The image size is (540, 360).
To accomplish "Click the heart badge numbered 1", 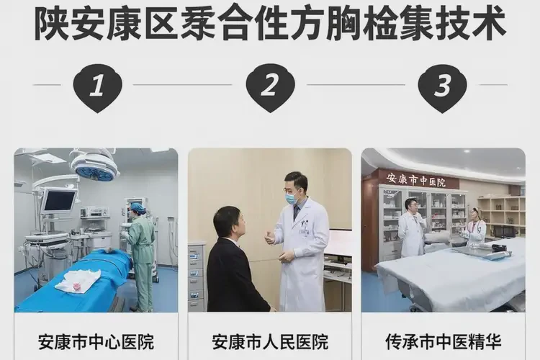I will [97, 86].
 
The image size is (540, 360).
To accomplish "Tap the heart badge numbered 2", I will [270, 86].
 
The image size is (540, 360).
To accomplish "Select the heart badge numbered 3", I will [442, 86].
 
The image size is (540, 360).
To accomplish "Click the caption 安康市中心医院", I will [96, 341].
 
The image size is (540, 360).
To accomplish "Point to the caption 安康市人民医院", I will [270, 341].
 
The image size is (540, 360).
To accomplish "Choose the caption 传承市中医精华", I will [443, 341].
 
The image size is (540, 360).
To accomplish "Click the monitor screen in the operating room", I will [58, 200].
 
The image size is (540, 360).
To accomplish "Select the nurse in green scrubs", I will [140, 241].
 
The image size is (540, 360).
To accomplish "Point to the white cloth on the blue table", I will [78, 281].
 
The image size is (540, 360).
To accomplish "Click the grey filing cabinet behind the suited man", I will [197, 274].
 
